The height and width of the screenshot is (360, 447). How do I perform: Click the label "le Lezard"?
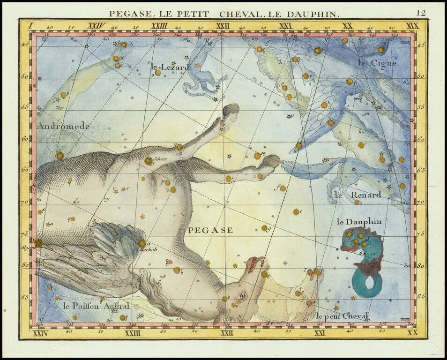click(x=170, y=67)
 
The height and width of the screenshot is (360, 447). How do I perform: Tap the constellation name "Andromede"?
click(x=63, y=126)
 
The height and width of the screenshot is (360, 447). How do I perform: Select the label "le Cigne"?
click(x=377, y=62)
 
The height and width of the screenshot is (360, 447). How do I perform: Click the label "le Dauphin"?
click(x=359, y=221)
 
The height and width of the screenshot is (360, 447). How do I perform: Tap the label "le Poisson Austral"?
click(x=96, y=306)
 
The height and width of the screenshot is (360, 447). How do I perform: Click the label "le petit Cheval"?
click(x=342, y=315)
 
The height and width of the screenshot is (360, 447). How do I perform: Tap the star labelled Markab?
click(x=142, y=244)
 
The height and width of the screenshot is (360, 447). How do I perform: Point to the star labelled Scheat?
click(x=149, y=161)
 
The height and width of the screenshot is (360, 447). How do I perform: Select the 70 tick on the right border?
click(x=420, y=202)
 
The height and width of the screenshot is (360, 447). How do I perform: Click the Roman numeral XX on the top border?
click(x=347, y=26)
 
